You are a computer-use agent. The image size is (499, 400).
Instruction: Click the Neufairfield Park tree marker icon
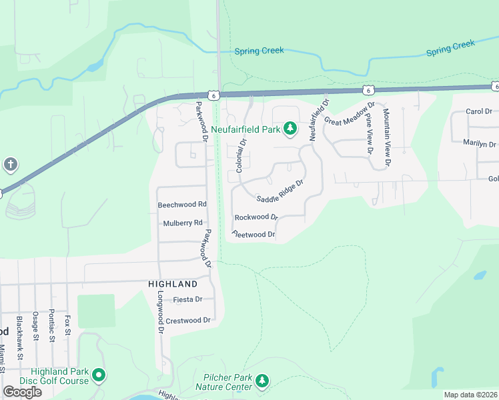(290, 128)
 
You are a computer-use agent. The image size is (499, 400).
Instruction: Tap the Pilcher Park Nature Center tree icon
(262, 381)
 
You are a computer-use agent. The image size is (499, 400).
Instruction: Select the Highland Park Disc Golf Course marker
(99, 376)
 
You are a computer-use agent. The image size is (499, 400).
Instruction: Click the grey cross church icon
(10, 164)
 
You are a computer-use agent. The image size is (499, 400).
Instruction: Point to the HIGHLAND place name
(173, 283)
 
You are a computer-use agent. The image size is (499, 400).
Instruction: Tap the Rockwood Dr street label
(256, 217)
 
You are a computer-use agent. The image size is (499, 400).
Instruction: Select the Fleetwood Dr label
(254, 235)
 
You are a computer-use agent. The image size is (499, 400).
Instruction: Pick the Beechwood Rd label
(182, 205)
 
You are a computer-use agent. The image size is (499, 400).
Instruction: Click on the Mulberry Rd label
(182, 223)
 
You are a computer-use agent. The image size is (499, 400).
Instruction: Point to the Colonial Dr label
(241, 155)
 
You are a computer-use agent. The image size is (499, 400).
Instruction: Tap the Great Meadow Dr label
(350, 113)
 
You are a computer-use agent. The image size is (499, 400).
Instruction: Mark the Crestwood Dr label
(187, 321)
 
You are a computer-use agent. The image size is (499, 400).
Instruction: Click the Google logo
(22, 391)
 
